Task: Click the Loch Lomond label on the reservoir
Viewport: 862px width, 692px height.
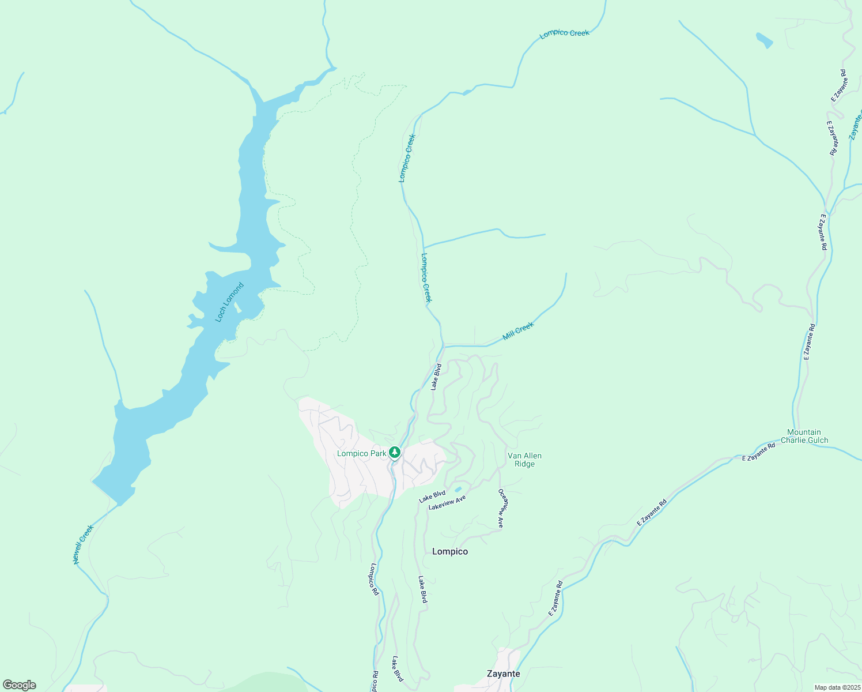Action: (229, 302)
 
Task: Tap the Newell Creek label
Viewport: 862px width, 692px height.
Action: (83, 544)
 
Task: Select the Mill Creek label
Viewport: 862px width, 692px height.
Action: (518, 331)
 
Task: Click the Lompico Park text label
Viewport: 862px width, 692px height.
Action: (361, 453)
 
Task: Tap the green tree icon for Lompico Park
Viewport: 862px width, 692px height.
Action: (395, 452)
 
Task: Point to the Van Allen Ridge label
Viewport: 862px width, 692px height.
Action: (524, 460)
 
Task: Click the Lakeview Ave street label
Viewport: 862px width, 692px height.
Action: (447, 502)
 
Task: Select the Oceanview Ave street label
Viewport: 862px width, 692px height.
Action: (501, 509)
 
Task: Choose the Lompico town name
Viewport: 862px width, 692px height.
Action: (450, 551)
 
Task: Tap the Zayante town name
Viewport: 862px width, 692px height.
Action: (503, 674)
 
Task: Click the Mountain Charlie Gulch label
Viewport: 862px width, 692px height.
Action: (804, 436)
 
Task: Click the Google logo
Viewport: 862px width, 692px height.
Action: (19, 685)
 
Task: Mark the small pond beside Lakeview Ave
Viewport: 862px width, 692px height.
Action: (459, 490)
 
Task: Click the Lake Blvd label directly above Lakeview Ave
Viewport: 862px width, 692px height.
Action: (432, 496)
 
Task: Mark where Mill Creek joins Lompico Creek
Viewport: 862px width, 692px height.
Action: (444, 346)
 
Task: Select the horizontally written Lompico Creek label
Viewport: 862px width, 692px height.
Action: (564, 33)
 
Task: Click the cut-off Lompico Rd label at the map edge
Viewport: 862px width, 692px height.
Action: (375, 682)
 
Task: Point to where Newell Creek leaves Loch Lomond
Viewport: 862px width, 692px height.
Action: (118, 505)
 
